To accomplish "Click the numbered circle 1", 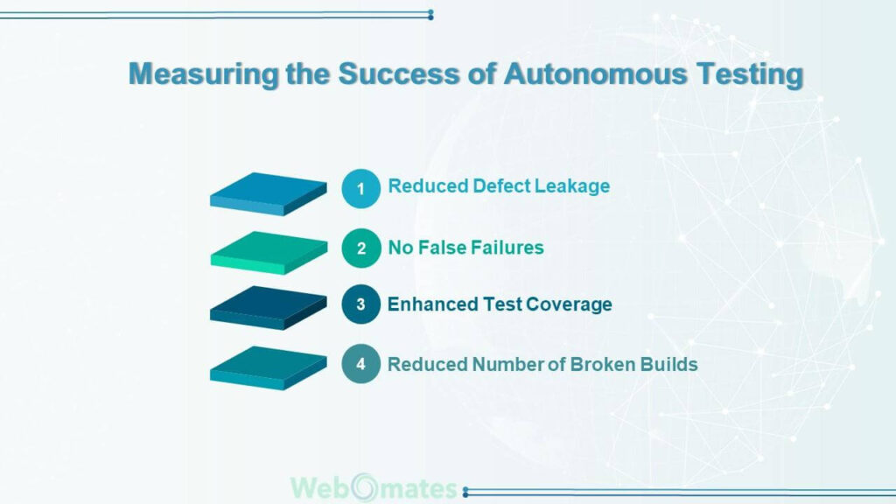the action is pyautogui.click(x=360, y=189).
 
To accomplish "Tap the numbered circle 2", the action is pyautogui.click(x=361, y=248).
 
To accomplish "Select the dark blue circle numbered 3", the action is pyautogui.click(x=360, y=304).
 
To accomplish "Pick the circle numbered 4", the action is pyautogui.click(x=360, y=363).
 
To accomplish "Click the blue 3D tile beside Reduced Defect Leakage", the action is pyautogui.click(x=268, y=194).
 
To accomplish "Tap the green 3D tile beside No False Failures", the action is pyautogui.click(x=269, y=253).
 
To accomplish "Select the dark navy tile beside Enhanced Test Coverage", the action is pyautogui.click(x=268, y=308).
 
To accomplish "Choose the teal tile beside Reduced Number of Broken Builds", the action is pyautogui.click(x=268, y=368).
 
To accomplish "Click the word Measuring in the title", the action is pyautogui.click(x=203, y=74).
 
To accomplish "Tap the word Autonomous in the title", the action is pyautogui.click(x=595, y=73).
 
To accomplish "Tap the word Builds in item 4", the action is pyautogui.click(x=668, y=364).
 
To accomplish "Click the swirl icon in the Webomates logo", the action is pyautogui.click(x=365, y=488).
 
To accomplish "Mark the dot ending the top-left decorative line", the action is pyautogui.click(x=430, y=14).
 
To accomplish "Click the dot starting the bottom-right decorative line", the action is pyautogui.click(x=465, y=492).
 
